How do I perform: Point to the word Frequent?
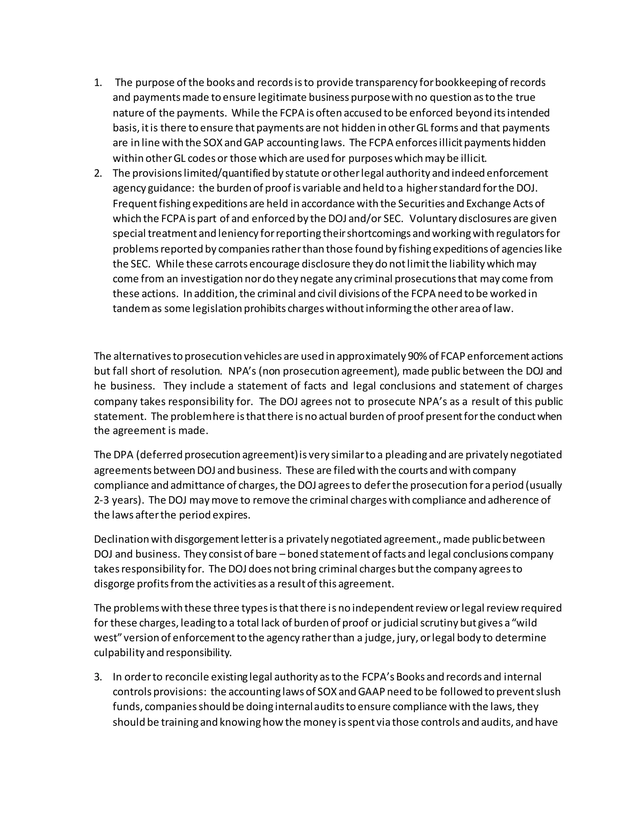135,204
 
